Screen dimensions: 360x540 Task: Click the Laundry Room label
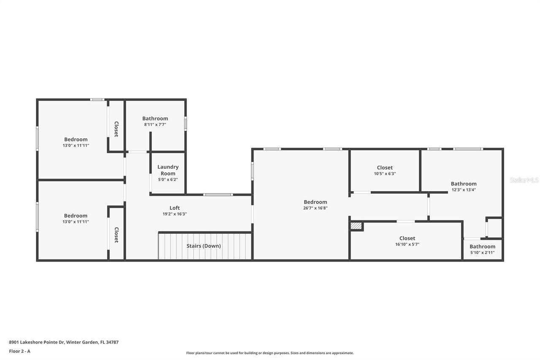pyautogui.click(x=168, y=170)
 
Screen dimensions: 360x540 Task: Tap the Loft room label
pyautogui.click(x=175, y=208)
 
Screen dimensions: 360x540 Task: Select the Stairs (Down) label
pyautogui.click(x=204, y=246)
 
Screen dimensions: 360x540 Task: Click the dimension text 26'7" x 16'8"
pyautogui.click(x=316, y=208)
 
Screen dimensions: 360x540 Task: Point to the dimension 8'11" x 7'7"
pyautogui.click(x=155, y=125)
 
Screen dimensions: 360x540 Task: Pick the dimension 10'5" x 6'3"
pyautogui.click(x=384, y=173)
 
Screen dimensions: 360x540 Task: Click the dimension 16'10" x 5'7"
pyautogui.click(x=407, y=244)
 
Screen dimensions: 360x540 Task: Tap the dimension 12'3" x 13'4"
pyautogui.click(x=464, y=189)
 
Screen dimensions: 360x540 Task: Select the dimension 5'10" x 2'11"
pyautogui.click(x=482, y=252)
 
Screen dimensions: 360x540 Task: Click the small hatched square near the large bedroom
pyautogui.click(x=356, y=226)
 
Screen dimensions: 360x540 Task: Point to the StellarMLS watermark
pyautogui.click(x=524, y=180)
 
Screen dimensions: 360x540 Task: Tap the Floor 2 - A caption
pyautogui.click(x=20, y=351)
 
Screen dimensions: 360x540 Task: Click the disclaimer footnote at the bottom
pyautogui.click(x=270, y=353)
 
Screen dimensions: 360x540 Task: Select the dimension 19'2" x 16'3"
pyautogui.click(x=175, y=214)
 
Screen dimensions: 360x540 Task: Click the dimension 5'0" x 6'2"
pyautogui.click(x=168, y=179)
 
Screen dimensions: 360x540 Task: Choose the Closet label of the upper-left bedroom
pyautogui.click(x=116, y=129)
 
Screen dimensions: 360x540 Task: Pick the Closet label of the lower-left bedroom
pyautogui.click(x=116, y=235)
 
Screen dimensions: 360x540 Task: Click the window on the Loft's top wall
pyautogui.click(x=218, y=195)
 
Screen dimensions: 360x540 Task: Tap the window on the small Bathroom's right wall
pyautogui.click(x=186, y=124)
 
